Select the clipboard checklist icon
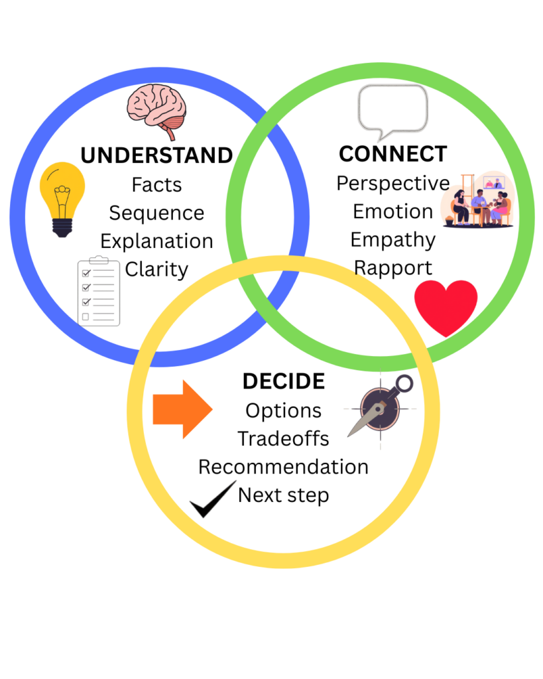pyautogui.click(x=99, y=292)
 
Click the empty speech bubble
pyautogui.click(x=392, y=110)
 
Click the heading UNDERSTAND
pyautogui.click(x=156, y=156)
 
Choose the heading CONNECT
pyautogui.click(x=392, y=154)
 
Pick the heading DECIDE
pyautogui.click(x=283, y=381)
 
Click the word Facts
pyautogui.click(x=156, y=184)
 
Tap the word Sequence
pyautogui.click(x=156, y=213)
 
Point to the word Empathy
pyautogui.click(x=392, y=239)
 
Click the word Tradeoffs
pyautogui.click(x=283, y=438)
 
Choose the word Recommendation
pyautogui.click(x=283, y=467)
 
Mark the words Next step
pyautogui.click(x=283, y=495)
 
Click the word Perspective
pyautogui.click(x=392, y=183)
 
